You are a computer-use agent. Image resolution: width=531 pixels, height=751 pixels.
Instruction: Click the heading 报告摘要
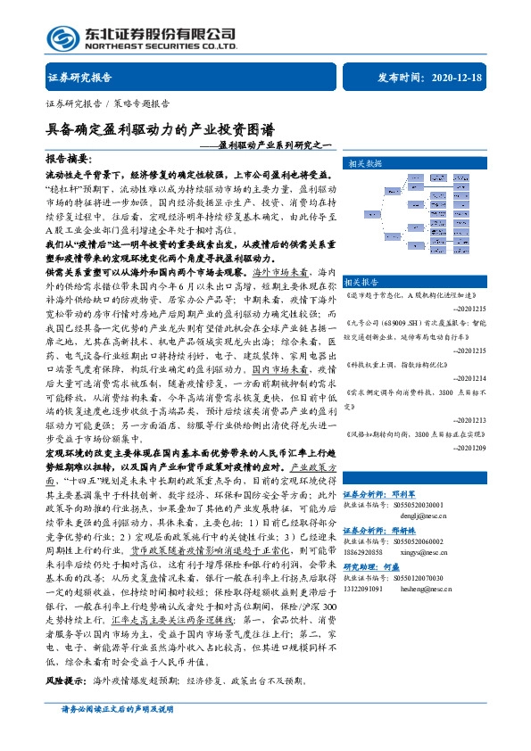point(70,157)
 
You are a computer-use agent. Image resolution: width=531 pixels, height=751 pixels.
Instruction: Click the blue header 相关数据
point(365,163)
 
